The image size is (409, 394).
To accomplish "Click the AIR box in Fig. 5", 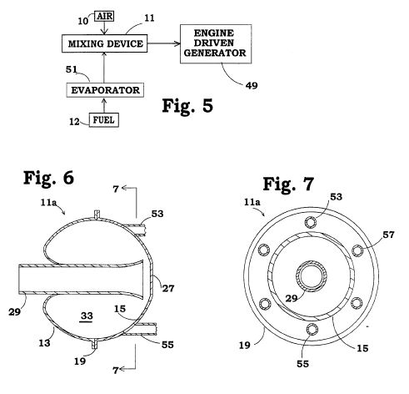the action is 104,16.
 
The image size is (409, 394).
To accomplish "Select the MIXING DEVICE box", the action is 104,43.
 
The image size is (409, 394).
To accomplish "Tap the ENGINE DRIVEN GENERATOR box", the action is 216,43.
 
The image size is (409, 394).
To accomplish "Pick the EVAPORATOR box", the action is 105,90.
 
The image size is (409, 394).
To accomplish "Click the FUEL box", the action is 104,120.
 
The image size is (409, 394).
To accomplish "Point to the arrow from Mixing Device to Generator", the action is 163,43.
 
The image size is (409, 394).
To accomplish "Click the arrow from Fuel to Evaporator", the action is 104,105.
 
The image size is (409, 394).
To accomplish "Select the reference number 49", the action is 252,85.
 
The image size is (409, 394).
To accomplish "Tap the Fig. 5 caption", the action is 187,106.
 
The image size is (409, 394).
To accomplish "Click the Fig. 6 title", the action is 48,178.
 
